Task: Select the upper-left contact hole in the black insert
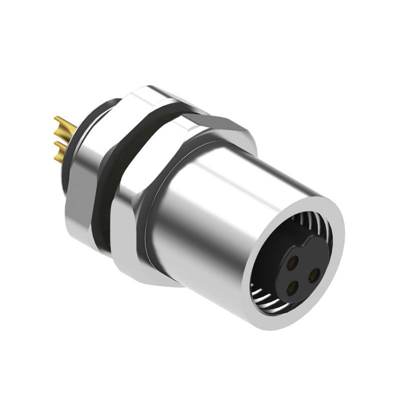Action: click(293, 260)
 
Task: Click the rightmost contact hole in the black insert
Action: click(314, 274)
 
